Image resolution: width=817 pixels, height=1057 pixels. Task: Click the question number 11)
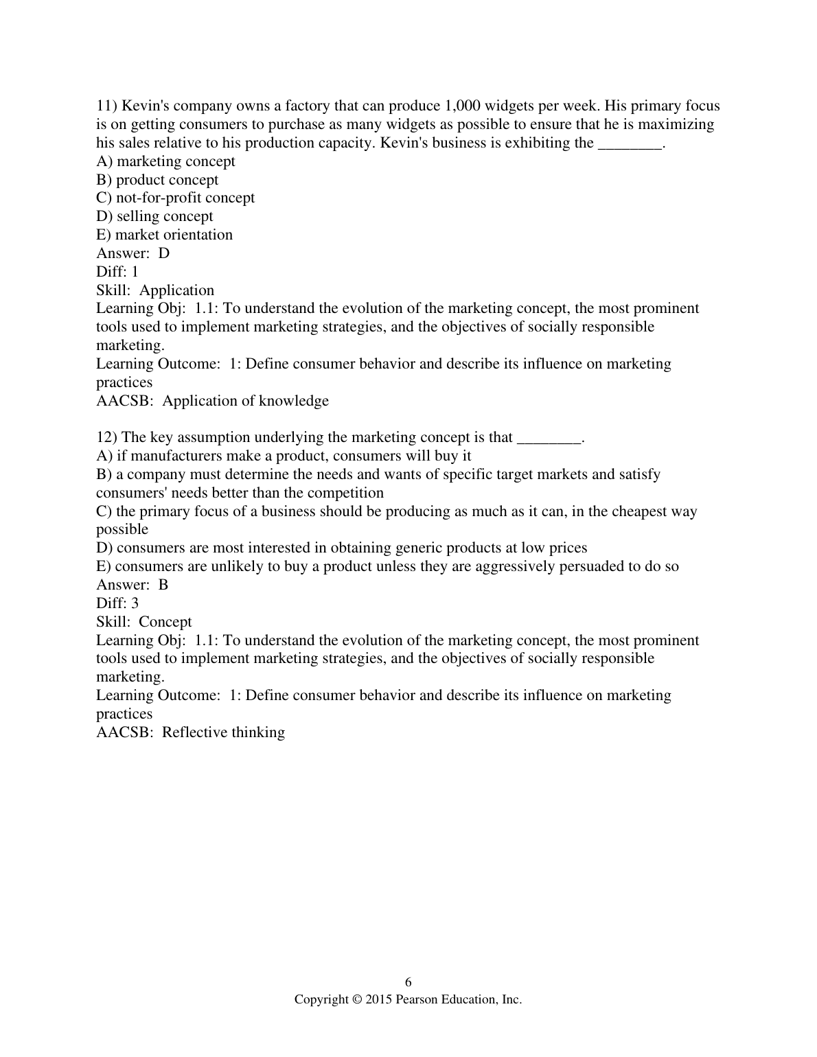click(x=106, y=106)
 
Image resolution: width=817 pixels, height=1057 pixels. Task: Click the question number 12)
click(x=106, y=437)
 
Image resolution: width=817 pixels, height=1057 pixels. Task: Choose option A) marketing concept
click(x=165, y=161)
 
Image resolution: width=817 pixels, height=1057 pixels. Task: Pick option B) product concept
click(x=157, y=180)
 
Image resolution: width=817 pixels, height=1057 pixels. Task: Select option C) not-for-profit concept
click(x=175, y=198)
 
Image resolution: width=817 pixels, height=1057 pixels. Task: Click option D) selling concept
click(x=154, y=216)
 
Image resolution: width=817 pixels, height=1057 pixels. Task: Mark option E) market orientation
click(x=164, y=235)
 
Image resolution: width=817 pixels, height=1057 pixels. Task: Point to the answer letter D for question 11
click(x=164, y=253)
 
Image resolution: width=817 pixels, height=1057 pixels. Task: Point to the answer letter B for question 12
click(x=163, y=585)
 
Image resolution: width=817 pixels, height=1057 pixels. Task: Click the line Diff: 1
click(x=117, y=272)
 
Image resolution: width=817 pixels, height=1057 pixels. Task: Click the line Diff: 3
click(x=117, y=603)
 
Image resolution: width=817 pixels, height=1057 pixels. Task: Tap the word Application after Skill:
click(x=177, y=290)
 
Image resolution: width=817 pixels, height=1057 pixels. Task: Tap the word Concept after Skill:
click(x=165, y=622)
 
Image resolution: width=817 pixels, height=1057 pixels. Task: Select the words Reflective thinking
click(x=224, y=732)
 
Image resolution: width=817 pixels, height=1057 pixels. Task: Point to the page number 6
click(x=408, y=981)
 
